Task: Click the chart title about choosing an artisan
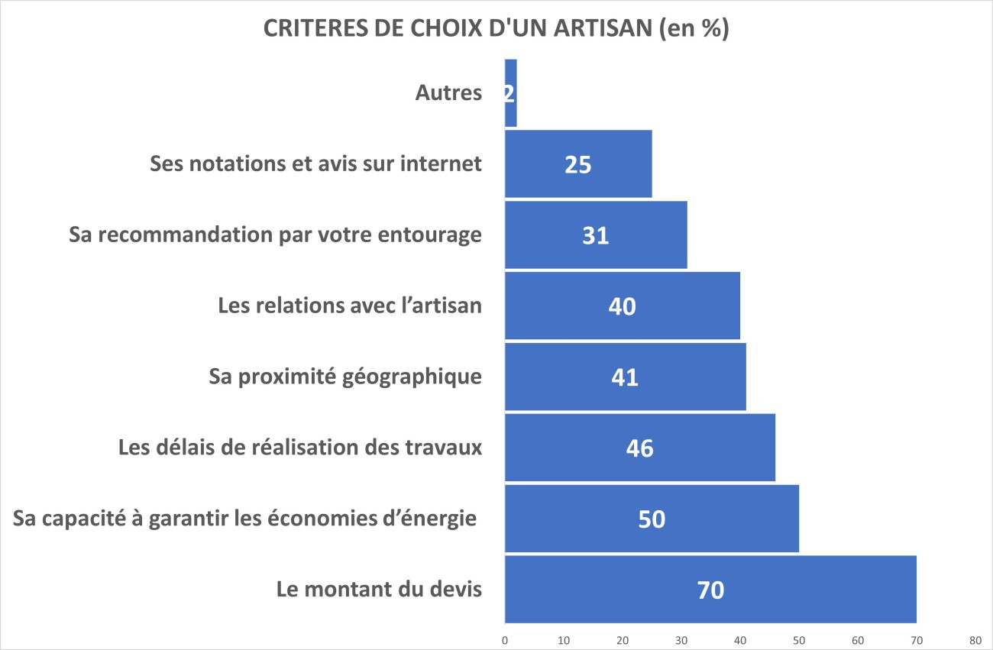click(496, 28)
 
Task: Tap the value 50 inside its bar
click(652, 519)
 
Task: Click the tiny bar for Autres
click(510, 93)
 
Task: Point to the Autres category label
click(448, 93)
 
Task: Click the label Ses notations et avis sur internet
click(315, 163)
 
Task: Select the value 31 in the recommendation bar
click(595, 235)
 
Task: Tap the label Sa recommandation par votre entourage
click(275, 234)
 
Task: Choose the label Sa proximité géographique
click(345, 377)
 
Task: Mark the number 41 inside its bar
click(624, 377)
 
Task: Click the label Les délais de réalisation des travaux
click(300, 448)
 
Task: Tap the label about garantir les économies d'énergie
click(245, 519)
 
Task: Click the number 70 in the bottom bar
click(710, 590)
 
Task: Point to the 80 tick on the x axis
click(975, 639)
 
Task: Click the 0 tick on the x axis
click(505, 639)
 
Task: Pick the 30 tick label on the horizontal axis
click(681, 639)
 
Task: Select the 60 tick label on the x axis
click(857, 639)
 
